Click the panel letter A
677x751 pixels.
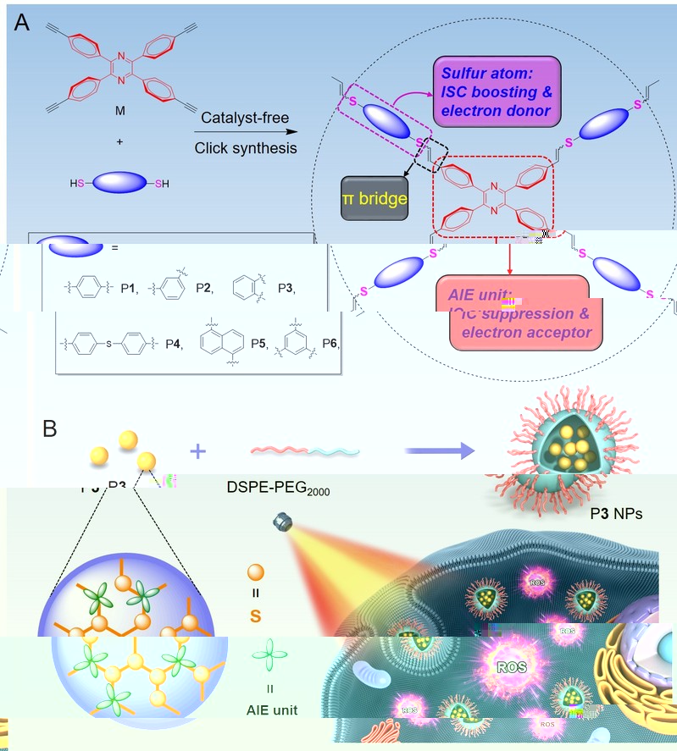(x=23, y=23)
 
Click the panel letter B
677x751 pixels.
(x=50, y=428)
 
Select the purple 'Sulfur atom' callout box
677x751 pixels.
(x=497, y=87)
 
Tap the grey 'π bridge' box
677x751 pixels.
(x=374, y=199)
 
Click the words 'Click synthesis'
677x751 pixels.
(x=246, y=148)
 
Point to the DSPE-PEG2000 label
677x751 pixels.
(x=278, y=489)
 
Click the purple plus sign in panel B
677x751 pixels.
(x=198, y=451)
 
